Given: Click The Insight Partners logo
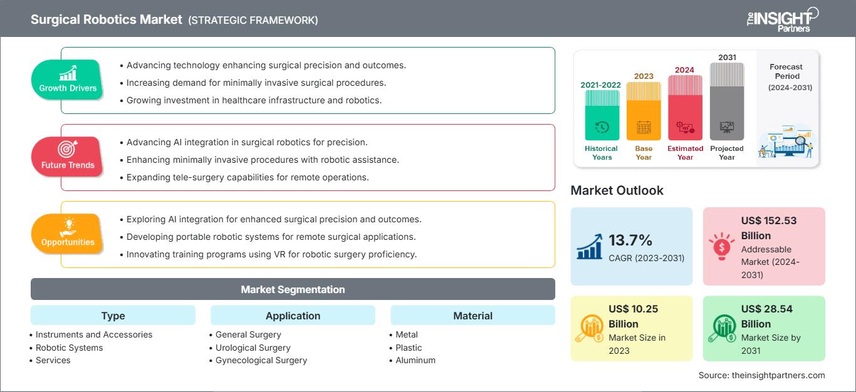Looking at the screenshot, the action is click(782, 20).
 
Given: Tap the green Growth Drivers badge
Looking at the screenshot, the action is click(68, 80).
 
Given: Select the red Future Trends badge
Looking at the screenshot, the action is click(68, 157).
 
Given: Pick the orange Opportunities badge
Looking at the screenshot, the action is click(68, 234).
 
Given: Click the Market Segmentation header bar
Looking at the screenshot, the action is click(293, 289).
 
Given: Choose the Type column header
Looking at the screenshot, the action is click(113, 315).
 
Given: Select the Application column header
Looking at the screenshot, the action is click(293, 315).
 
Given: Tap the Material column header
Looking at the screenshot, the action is click(472, 315).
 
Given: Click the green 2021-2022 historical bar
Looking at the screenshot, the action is click(602, 115).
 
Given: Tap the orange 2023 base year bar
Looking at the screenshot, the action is click(644, 111).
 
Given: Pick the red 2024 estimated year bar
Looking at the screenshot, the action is click(685, 108).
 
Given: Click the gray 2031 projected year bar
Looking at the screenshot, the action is click(727, 101).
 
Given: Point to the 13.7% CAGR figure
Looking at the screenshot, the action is click(630, 240).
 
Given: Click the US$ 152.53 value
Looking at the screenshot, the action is click(769, 220).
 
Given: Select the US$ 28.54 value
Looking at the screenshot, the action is click(766, 309).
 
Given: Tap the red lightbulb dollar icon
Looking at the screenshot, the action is click(721, 247).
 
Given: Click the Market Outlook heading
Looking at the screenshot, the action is click(617, 190).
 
